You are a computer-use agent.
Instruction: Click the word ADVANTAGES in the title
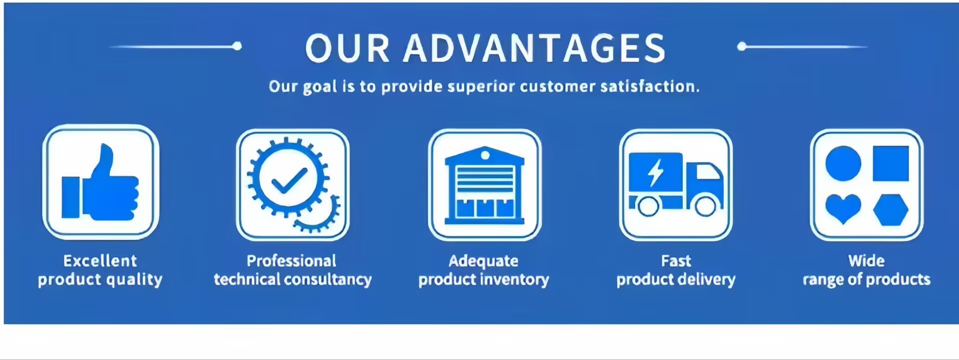[x=534, y=48]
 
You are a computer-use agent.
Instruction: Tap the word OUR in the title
[x=347, y=48]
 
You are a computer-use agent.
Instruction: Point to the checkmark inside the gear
[x=289, y=180]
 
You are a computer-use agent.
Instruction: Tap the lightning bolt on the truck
[x=655, y=173]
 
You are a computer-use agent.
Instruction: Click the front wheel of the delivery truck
[x=706, y=205]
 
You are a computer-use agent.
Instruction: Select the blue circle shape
[x=843, y=163]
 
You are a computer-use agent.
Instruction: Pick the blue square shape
[x=891, y=163]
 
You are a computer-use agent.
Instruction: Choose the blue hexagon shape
[x=891, y=210]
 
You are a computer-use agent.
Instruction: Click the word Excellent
[x=100, y=261]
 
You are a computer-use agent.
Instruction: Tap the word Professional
[x=292, y=261]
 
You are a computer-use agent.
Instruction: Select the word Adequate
[x=483, y=261]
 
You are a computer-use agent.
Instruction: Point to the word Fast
[x=676, y=261]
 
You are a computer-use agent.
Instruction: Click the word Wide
[x=867, y=261]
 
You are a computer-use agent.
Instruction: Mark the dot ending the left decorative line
[x=237, y=46]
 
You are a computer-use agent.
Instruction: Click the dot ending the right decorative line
[x=742, y=46]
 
